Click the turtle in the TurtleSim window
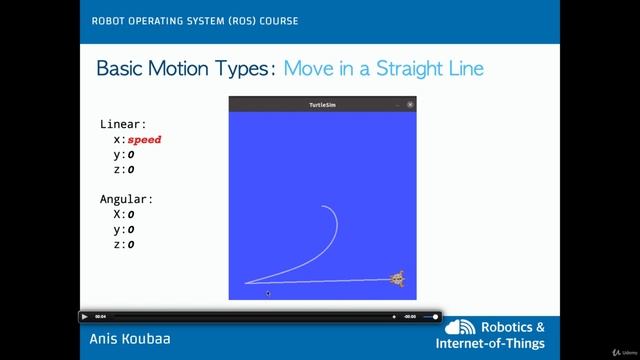[x=397, y=279]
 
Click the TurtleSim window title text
[x=321, y=104]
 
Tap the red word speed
[x=144, y=140]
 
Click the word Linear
[x=123, y=125]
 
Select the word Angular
[x=127, y=199]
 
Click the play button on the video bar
[x=85, y=316]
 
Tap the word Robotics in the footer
[x=514, y=327]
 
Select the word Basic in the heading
[x=124, y=69]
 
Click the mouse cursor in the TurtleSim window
[x=268, y=293]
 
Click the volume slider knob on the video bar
[x=436, y=316]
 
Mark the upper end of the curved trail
[x=322, y=206]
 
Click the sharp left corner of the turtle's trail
[x=246, y=283]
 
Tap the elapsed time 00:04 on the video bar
[x=101, y=316]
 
